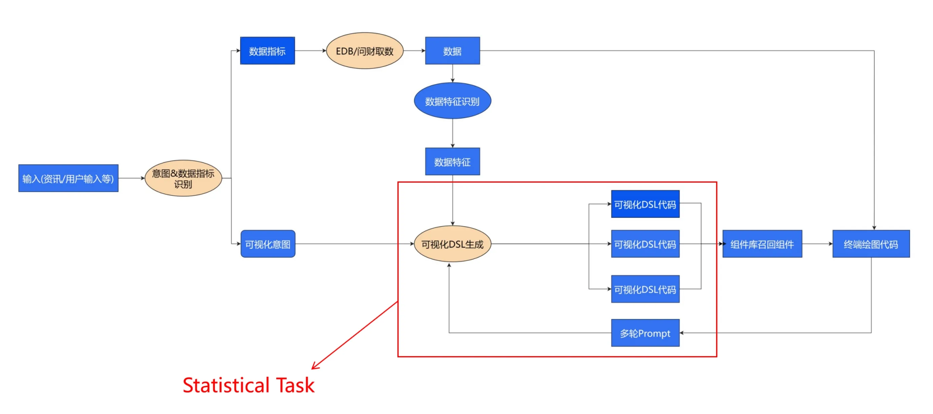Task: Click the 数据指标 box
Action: tap(267, 51)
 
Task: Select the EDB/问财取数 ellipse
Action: tap(365, 51)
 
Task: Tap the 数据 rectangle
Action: tap(452, 51)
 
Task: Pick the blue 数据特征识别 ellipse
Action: tap(452, 101)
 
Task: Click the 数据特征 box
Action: tap(452, 161)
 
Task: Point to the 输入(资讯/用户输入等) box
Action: tap(68, 178)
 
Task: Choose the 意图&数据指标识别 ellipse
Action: tap(183, 178)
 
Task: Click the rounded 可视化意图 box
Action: tap(268, 243)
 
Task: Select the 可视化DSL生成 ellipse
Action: tap(452, 244)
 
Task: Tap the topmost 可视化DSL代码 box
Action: tap(646, 204)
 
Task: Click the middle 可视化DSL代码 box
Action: tap(646, 244)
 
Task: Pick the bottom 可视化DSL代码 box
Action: tap(646, 289)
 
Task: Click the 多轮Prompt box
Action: tap(646, 333)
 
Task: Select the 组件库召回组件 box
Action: tap(762, 244)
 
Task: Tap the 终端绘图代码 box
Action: tap(871, 244)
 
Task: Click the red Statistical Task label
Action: tap(248, 385)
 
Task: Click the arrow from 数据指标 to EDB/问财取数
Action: tap(310, 51)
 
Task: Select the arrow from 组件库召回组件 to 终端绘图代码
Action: tap(818, 243)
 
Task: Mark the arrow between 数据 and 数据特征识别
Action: tap(452, 73)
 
